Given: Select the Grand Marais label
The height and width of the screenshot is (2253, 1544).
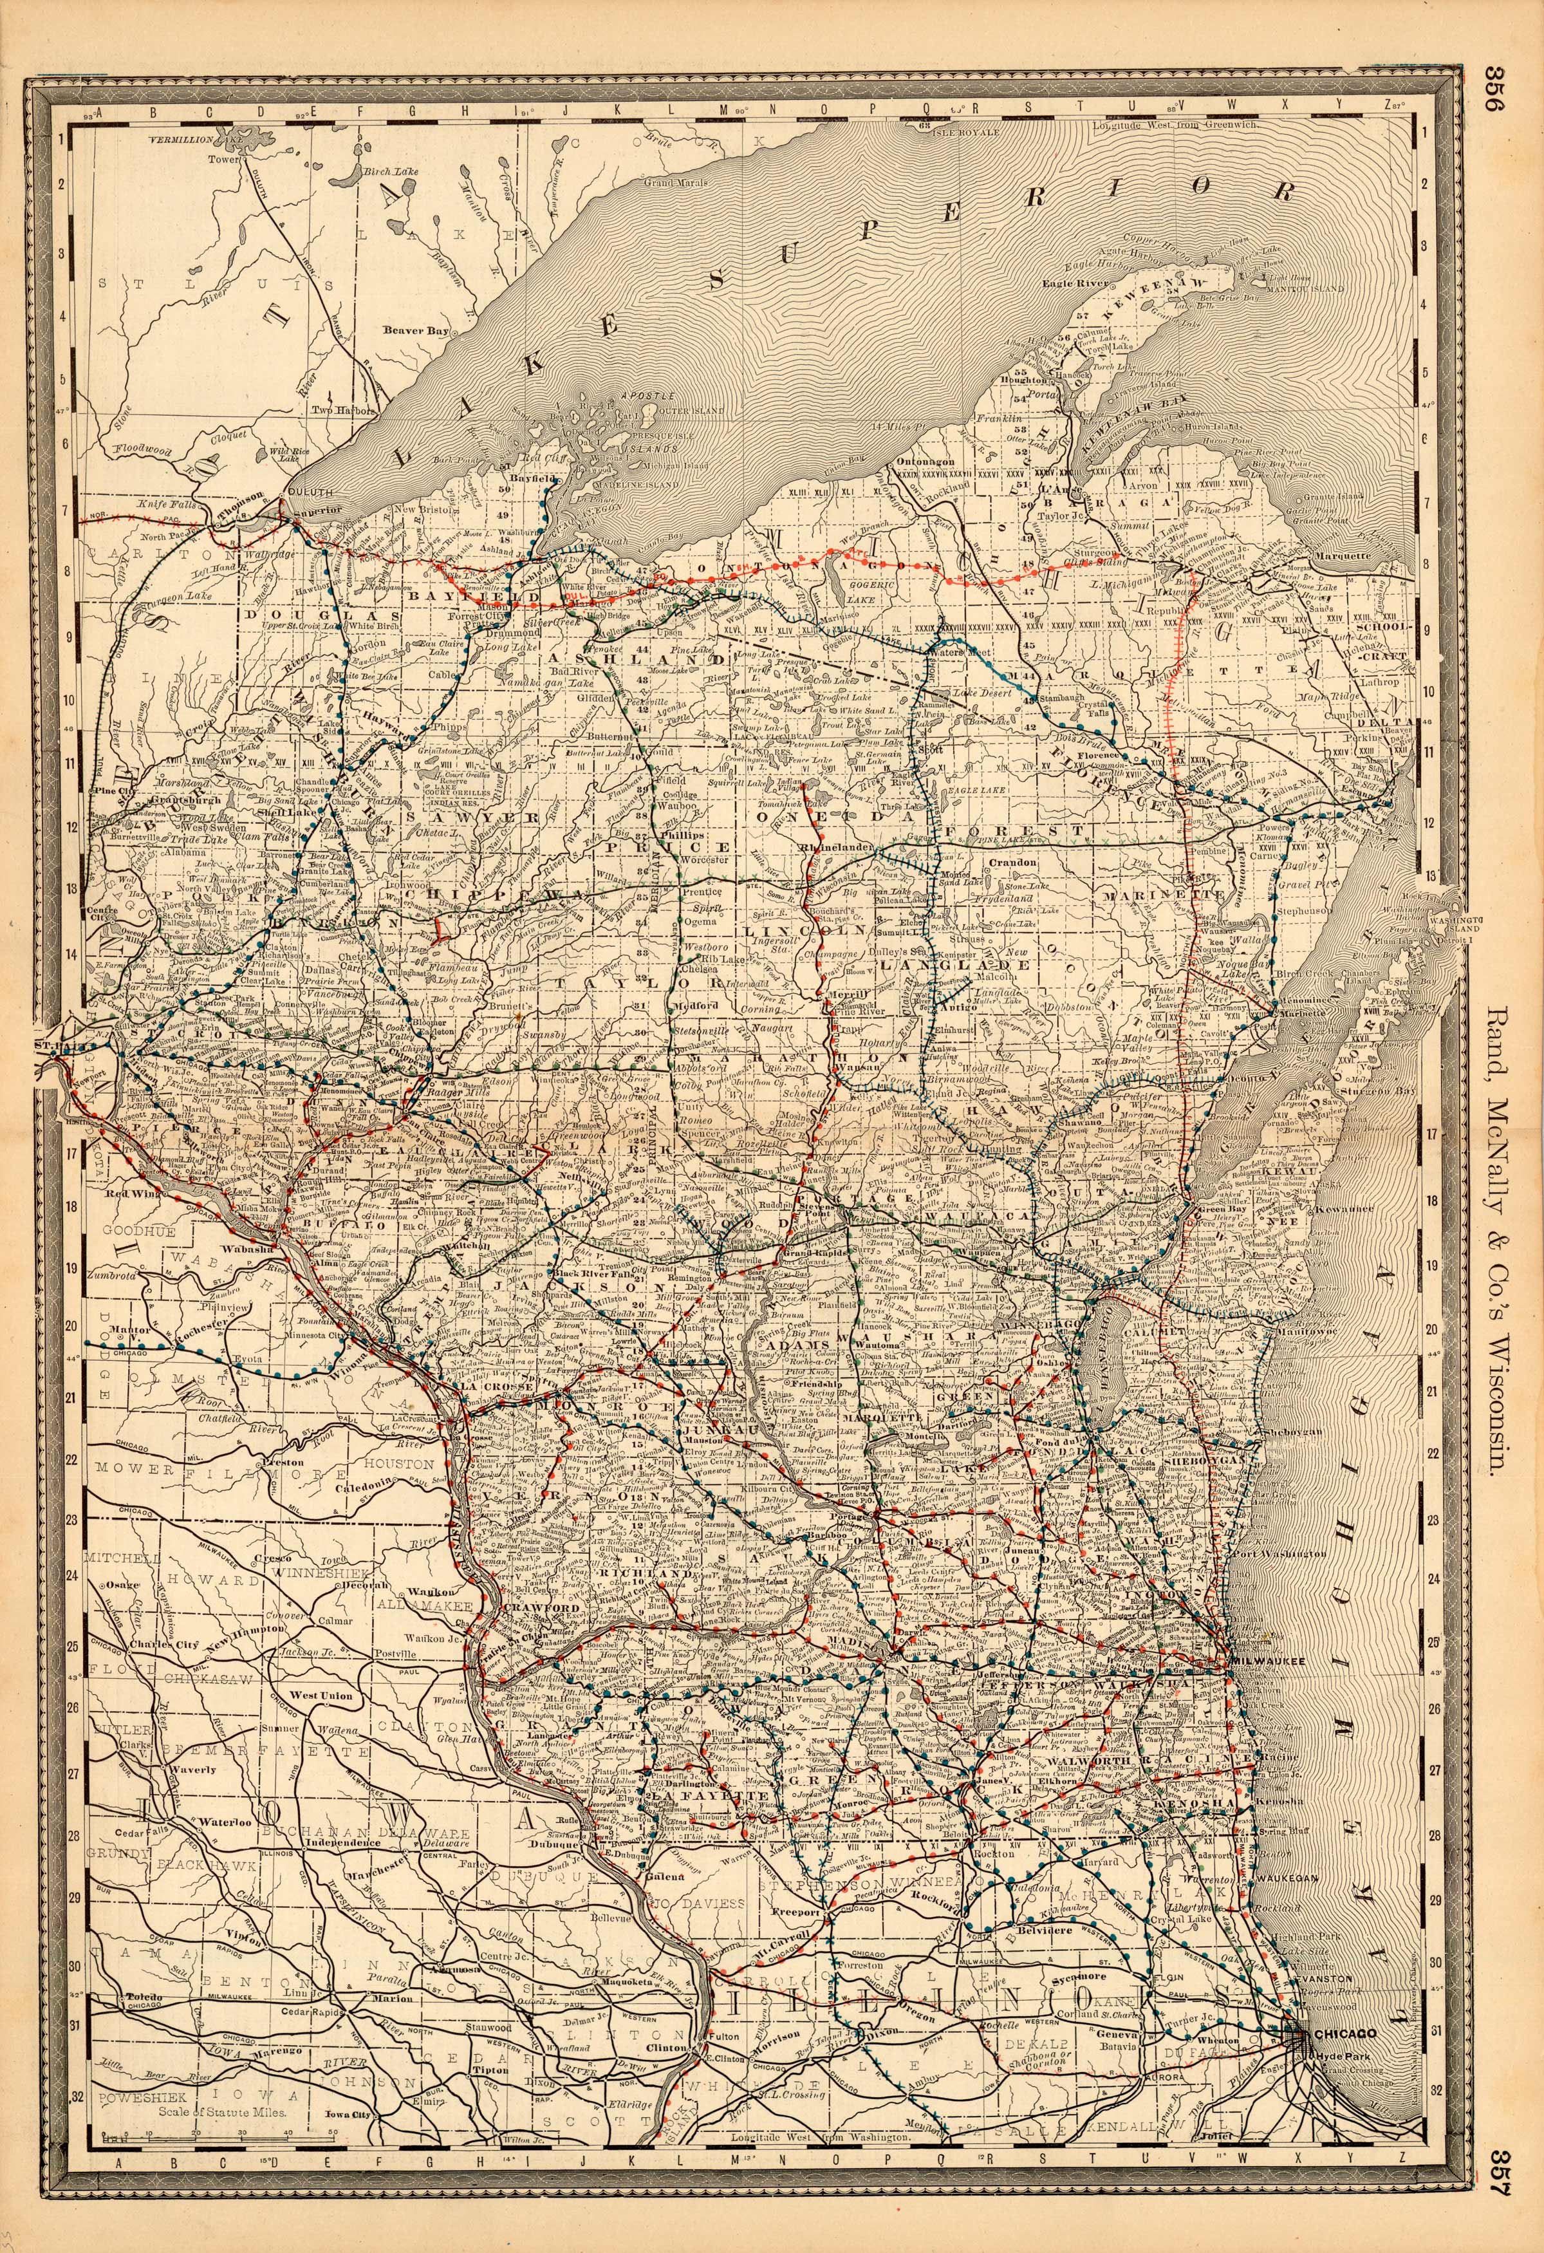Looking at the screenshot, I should [x=678, y=182].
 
